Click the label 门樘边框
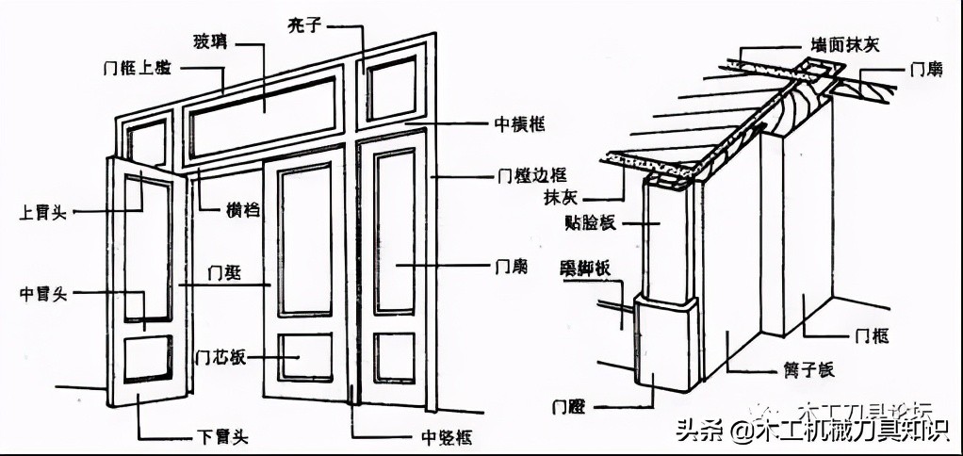(527, 176)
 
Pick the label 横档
(242, 209)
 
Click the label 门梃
(225, 274)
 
